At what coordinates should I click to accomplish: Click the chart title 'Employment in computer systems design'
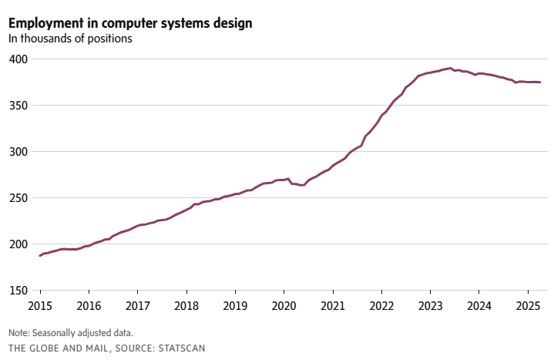pyautogui.click(x=129, y=23)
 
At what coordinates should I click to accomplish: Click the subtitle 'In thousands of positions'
pyautogui.click(x=70, y=39)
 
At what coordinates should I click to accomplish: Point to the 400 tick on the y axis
pyautogui.click(x=18, y=59)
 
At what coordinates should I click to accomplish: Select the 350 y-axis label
pyautogui.click(x=18, y=106)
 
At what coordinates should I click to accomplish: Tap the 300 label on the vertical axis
pyautogui.click(x=18, y=152)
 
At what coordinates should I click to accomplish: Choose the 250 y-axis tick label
pyautogui.click(x=18, y=198)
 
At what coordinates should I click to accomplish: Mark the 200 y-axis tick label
pyautogui.click(x=18, y=244)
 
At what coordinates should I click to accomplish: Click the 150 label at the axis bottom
pyautogui.click(x=18, y=291)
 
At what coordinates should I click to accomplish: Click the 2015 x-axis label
pyautogui.click(x=40, y=305)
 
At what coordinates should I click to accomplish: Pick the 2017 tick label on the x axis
pyautogui.click(x=137, y=305)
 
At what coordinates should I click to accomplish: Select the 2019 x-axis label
pyautogui.click(x=235, y=305)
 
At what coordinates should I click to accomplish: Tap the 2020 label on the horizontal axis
pyautogui.click(x=284, y=305)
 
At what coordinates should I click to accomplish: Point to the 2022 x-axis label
pyautogui.click(x=381, y=305)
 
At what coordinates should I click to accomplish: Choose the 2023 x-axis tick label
pyautogui.click(x=430, y=305)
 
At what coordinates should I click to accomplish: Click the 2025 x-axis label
pyautogui.click(x=528, y=305)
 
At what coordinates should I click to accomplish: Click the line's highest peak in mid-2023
pyautogui.click(x=450, y=68)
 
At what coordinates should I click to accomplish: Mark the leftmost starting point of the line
pyautogui.click(x=40, y=255)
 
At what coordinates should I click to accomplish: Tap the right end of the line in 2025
pyautogui.click(x=540, y=82)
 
